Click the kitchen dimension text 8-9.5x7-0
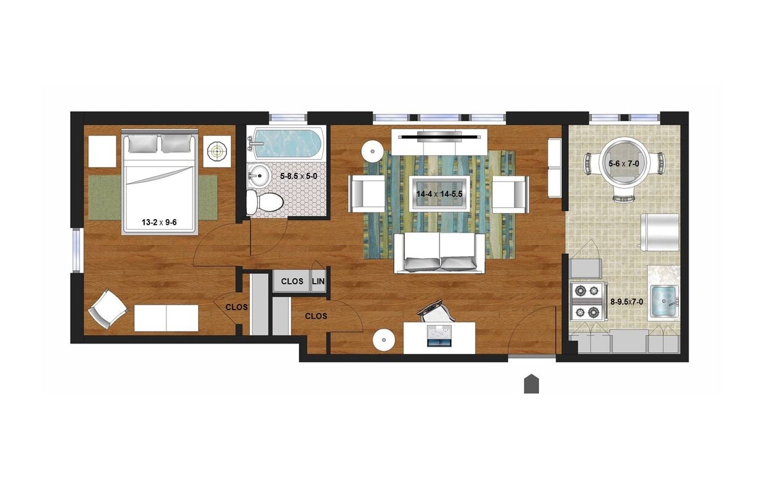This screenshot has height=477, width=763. click(626, 302)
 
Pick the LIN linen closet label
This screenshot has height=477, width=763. click(318, 281)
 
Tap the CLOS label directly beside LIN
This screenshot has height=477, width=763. click(292, 281)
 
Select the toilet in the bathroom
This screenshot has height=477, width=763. click(264, 201)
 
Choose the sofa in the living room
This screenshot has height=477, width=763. click(439, 253)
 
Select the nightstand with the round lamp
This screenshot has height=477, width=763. click(217, 151)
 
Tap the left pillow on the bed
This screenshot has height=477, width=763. click(143, 143)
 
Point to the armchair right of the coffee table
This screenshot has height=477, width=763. click(510, 194)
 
